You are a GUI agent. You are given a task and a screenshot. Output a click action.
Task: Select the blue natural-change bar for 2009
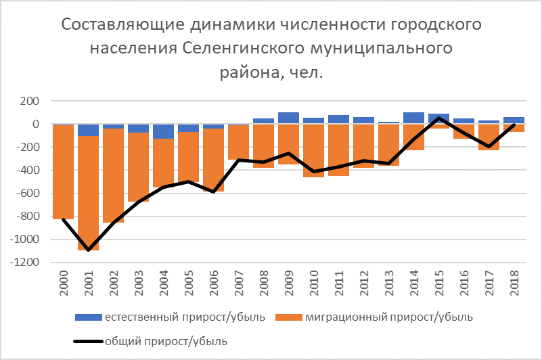288,118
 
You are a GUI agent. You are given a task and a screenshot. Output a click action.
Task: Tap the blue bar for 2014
413,118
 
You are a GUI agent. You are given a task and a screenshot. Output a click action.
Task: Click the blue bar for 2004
163,131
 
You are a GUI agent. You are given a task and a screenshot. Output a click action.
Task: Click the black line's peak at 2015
438,118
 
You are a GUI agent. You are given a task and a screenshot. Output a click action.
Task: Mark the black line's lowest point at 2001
88,250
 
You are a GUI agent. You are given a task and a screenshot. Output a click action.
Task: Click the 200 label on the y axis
29,102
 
